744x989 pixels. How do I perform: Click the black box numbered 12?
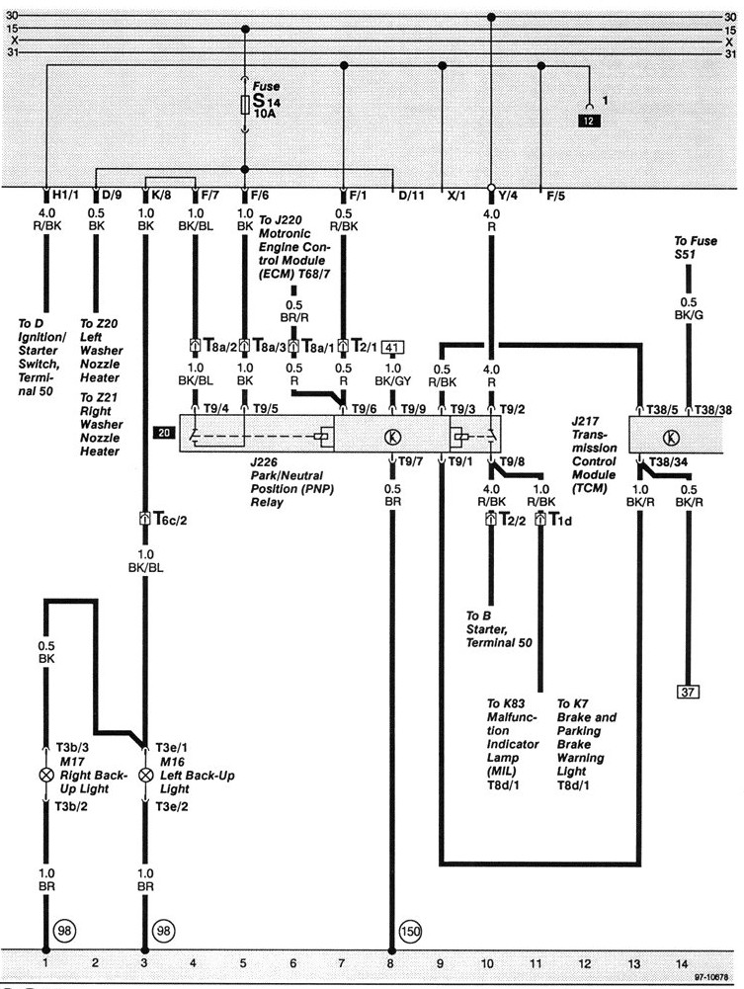(x=589, y=122)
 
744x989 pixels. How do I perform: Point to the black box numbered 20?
(x=163, y=433)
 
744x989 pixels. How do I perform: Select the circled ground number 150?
(x=410, y=930)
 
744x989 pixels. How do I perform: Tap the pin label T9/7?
(x=413, y=461)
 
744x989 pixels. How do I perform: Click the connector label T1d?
(x=560, y=519)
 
